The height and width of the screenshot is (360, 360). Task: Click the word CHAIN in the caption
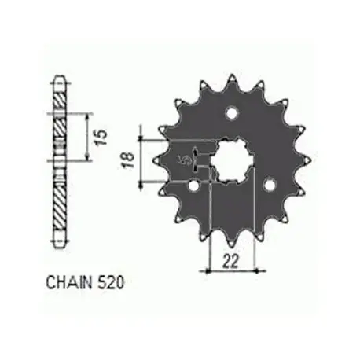(69, 282)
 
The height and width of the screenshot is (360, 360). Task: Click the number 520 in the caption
(111, 282)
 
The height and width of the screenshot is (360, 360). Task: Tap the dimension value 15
(101, 138)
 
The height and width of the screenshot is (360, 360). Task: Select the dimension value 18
(129, 160)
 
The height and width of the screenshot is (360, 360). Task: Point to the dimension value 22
(231, 261)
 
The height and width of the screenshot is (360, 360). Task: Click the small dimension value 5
(185, 160)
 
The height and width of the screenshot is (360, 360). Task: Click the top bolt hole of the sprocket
(232, 113)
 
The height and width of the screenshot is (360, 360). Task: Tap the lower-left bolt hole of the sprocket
(194, 186)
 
